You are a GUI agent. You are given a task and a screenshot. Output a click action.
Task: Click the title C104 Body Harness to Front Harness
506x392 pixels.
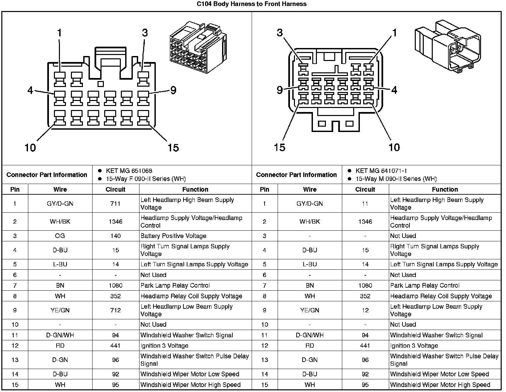[251, 4]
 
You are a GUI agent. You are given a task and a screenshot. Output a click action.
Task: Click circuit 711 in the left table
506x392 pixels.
[115, 204]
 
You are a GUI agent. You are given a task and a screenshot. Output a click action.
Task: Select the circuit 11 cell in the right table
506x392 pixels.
[365, 204]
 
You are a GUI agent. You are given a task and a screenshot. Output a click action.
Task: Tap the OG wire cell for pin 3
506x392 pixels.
[60, 236]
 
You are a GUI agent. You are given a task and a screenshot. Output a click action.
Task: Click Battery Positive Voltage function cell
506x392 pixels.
[173, 236]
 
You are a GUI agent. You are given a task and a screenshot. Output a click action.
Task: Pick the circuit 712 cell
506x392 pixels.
[115, 310]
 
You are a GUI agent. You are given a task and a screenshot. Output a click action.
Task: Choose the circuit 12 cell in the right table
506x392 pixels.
[365, 310]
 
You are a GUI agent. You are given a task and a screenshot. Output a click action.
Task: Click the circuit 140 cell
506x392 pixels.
[115, 236]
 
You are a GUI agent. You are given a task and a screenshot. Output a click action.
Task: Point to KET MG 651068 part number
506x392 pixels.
[129, 171]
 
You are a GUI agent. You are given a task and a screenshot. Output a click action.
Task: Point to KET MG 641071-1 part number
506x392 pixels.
[381, 171]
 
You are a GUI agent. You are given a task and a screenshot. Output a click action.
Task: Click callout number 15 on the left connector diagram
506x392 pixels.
[173, 147]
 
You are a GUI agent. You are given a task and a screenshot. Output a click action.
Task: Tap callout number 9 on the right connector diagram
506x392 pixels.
[280, 90]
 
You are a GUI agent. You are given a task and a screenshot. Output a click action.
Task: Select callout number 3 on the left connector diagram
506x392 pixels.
[144, 33]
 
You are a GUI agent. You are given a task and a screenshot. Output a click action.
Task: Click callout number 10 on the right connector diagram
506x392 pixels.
[394, 147]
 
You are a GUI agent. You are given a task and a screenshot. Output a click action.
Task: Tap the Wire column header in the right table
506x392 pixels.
[310, 189]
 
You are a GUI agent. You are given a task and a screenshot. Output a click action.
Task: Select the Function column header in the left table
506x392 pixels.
[195, 189]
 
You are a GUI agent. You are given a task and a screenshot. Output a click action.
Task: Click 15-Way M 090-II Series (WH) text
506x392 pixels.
[396, 179]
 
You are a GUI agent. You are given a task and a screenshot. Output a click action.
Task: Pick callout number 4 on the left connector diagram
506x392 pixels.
[30, 90]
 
